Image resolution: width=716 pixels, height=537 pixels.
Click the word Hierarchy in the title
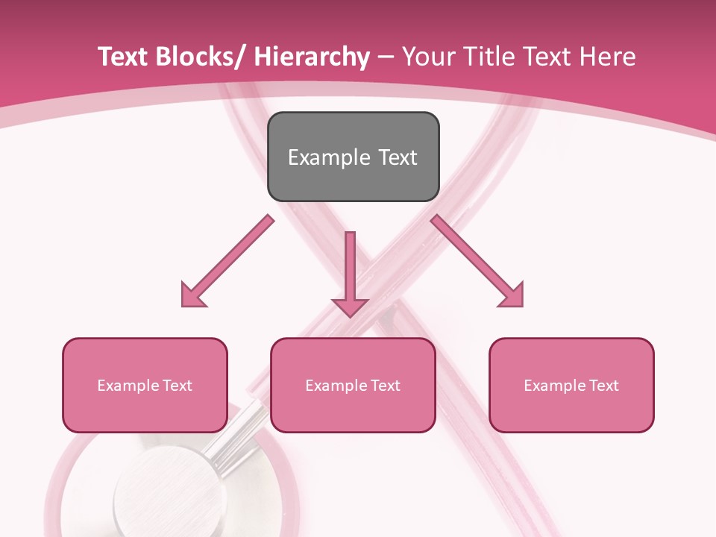tap(311, 57)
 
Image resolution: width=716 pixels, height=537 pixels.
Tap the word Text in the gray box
tap(398, 157)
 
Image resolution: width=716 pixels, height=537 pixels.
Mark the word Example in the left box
tap(128, 386)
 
